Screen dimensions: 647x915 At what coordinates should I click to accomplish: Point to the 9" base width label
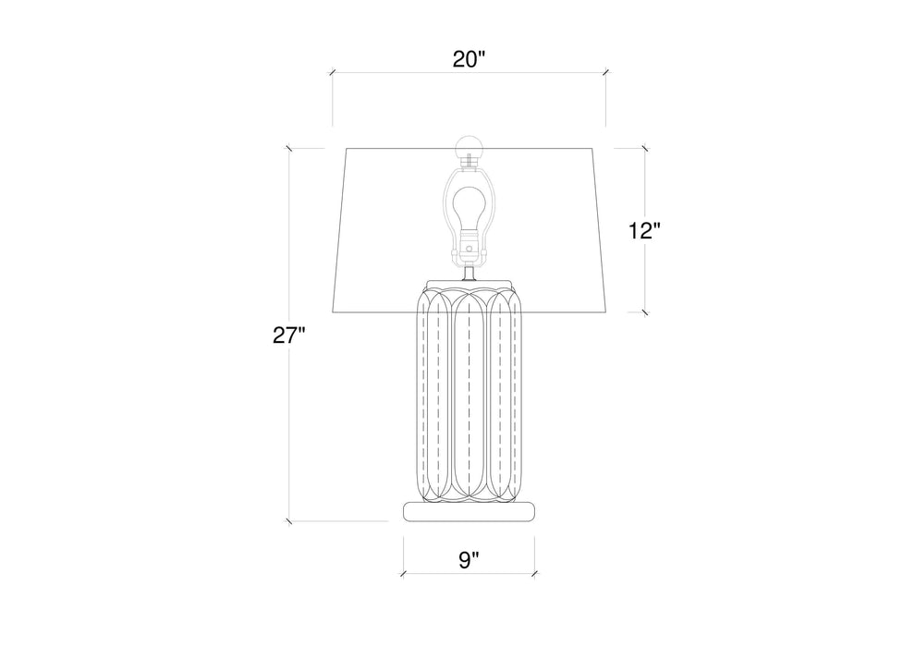470,558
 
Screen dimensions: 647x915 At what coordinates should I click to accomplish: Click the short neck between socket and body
470,271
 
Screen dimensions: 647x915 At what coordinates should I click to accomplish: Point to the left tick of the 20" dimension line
333,73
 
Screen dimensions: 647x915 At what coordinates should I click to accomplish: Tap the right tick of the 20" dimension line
605,73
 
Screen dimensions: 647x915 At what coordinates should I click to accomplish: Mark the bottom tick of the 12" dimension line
644,311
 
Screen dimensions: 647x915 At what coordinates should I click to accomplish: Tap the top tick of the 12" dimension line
644,148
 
